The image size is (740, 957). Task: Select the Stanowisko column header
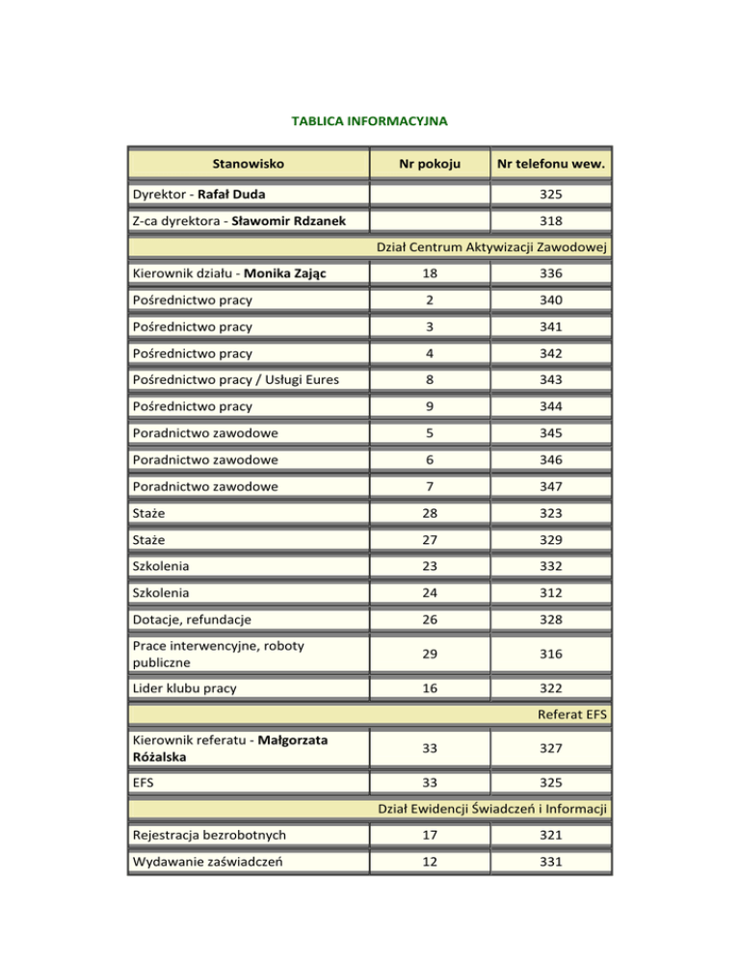[x=249, y=164]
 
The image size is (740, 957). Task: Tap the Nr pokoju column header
[x=430, y=164]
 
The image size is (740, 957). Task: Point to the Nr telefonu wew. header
[x=551, y=164]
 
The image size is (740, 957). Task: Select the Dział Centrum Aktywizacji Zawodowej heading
[x=493, y=250]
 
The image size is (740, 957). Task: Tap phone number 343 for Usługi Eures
[x=551, y=380]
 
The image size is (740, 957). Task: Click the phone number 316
[x=551, y=654]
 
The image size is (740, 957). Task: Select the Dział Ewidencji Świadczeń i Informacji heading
[x=493, y=809]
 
